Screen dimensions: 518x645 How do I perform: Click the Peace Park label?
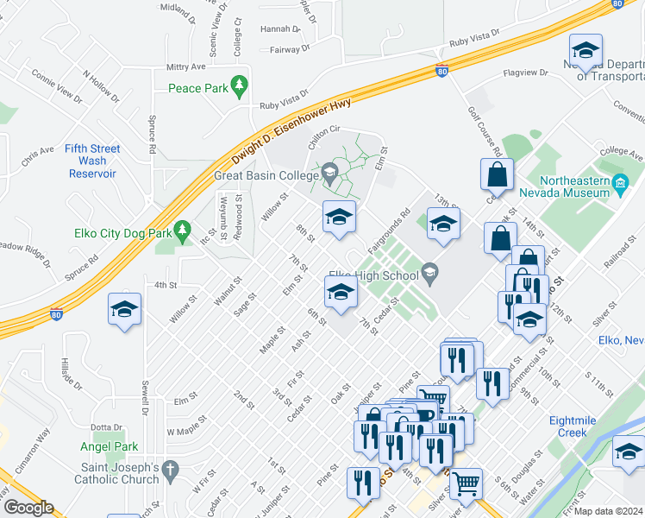(x=197, y=88)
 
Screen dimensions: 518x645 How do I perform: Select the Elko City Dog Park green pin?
(x=181, y=230)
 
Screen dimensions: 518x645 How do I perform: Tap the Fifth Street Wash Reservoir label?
(x=92, y=161)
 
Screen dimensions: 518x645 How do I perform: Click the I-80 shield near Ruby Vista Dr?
(x=441, y=71)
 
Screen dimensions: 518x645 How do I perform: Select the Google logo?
(x=28, y=508)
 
